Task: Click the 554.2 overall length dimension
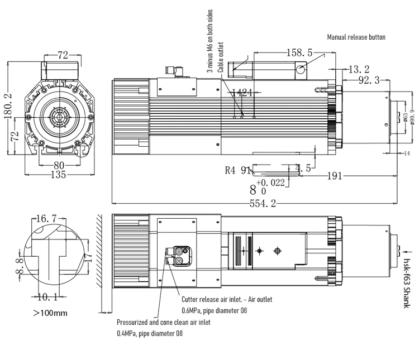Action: point(263,203)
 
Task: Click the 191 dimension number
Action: point(334,176)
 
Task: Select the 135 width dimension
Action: point(58,175)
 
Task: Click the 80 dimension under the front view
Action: point(59,166)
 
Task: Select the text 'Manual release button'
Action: point(356,37)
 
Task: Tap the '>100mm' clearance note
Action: point(50,313)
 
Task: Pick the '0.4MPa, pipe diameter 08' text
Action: point(149,333)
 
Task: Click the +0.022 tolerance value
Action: point(270,183)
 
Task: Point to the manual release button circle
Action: point(301,70)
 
